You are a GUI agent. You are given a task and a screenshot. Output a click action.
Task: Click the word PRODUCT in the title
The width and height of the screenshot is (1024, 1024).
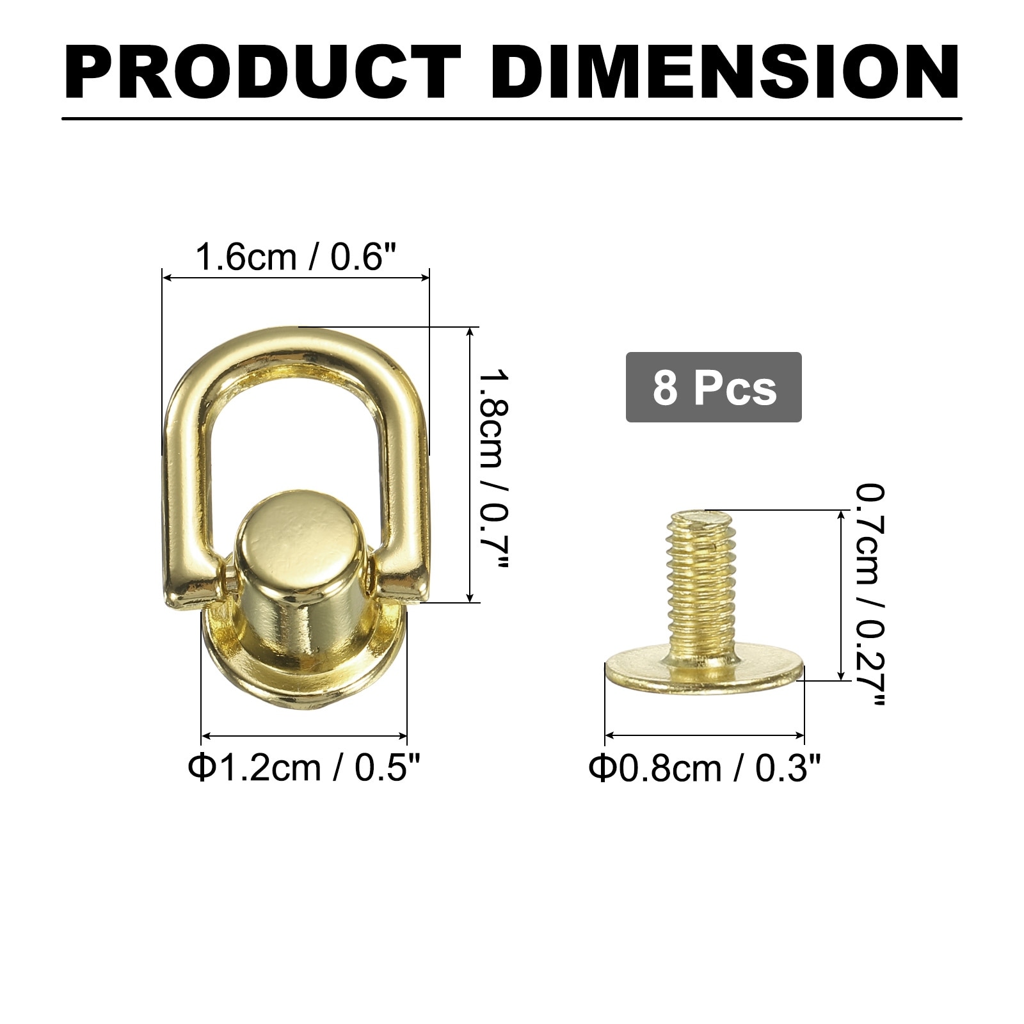(x=262, y=72)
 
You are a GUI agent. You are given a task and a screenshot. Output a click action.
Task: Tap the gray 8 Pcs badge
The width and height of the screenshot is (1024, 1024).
(x=714, y=387)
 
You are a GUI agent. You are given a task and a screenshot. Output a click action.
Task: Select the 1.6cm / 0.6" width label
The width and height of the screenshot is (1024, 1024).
(x=296, y=257)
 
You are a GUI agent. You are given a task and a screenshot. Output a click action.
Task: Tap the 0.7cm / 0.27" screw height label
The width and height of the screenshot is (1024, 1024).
(x=870, y=595)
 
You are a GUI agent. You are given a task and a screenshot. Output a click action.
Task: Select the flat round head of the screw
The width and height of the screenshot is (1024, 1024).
(x=704, y=669)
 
